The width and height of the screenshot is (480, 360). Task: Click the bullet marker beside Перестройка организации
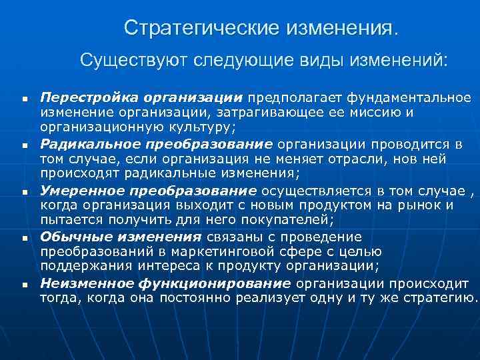click(x=24, y=99)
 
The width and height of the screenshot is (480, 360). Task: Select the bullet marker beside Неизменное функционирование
click(x=24, y=284)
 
